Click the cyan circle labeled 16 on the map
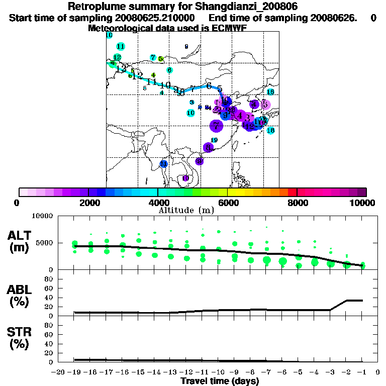270,92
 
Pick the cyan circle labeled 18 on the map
270,131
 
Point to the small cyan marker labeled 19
214,140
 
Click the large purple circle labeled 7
216,125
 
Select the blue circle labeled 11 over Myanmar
163,164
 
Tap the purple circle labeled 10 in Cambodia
185,178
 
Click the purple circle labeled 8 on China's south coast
208,147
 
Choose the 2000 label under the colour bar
88,203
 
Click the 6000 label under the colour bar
228,203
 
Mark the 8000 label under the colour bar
297,203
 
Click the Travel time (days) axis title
220,381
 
